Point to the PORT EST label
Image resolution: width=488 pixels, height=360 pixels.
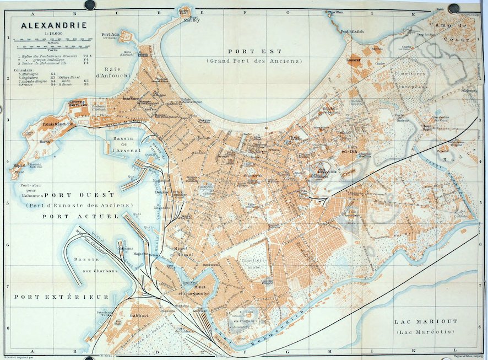[254, 51]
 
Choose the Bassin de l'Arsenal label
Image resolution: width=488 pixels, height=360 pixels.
[125, 144]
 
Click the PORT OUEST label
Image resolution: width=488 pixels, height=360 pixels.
[79, 195]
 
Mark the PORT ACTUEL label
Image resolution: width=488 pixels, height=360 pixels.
[80, 217]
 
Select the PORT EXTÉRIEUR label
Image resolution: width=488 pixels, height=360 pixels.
[62, 297]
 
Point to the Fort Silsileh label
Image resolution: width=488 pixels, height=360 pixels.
[353, 32]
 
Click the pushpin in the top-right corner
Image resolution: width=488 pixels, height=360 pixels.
[453, 8]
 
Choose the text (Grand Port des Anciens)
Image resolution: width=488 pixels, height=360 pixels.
[254, 61]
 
